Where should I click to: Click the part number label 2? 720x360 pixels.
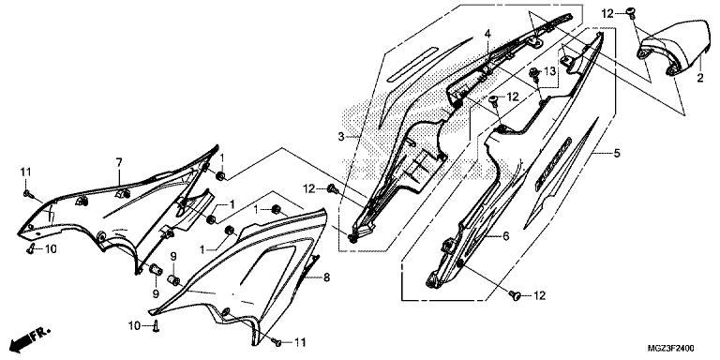tap(699, 78)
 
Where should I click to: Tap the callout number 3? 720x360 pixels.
tap(340, 136)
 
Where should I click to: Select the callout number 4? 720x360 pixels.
tap(487, 34)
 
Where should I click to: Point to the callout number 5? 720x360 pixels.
tap(617, 153)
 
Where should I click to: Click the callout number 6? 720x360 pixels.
tap(505, 236)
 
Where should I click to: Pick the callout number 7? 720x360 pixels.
tap(119, 162)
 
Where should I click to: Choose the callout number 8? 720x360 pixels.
tap(326, 277)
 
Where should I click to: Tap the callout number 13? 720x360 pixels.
tap(549, 71)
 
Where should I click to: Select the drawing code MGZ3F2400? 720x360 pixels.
tap(671, 348)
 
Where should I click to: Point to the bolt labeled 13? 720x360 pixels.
tap(534, 72)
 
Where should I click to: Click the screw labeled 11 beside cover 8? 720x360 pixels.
tap(277, 341)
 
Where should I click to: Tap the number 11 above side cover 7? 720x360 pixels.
tap(25, 172)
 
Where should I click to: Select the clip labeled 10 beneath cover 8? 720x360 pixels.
tap(157, 326)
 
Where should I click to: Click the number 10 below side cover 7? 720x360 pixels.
tap(51, 249)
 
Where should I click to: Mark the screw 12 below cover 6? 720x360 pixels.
tap(516, 296)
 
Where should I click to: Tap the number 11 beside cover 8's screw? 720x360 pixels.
tap(300, 342)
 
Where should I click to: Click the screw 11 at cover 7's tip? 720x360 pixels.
tap(26, 194)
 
